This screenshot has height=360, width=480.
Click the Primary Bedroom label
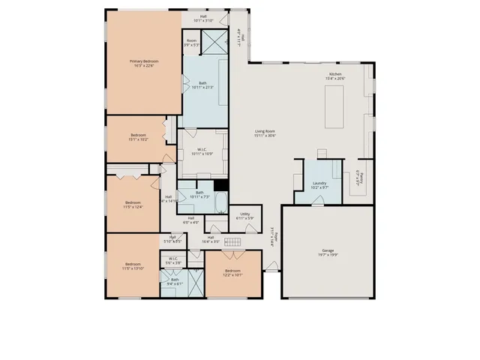coord(145,61)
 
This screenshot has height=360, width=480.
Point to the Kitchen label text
coord(334,73)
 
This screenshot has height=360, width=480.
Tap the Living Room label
coord(265,132)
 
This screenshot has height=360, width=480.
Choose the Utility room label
coord(244,214)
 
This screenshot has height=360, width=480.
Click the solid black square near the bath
coord(220,185)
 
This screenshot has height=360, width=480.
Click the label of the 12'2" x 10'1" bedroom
coord(232,271)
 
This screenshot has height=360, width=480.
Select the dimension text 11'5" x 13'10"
coord(133,268)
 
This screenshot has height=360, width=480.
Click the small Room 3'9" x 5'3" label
coord(191,41)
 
